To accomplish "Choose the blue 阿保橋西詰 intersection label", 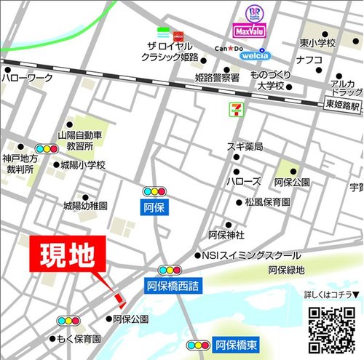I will pos(174,286).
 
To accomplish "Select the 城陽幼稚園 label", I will pos(84,207).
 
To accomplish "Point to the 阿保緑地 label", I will pos(285,271).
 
